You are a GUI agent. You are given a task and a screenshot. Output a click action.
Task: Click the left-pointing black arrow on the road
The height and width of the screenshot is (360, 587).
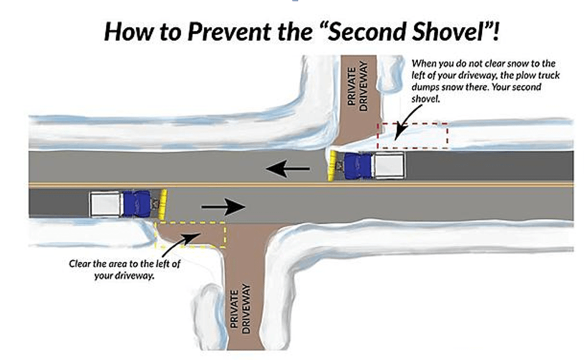coord(288,169)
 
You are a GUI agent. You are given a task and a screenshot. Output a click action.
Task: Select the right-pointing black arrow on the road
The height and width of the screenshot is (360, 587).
coord(223,207)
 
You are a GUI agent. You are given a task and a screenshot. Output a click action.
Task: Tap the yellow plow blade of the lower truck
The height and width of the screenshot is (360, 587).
coord(164,203)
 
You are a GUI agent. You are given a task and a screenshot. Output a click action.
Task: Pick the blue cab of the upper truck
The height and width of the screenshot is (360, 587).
coord(360,166)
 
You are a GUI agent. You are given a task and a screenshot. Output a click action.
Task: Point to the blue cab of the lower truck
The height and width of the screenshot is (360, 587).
coord(136,203)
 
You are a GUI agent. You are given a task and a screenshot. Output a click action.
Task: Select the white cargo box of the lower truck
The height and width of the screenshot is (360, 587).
coord(106,204)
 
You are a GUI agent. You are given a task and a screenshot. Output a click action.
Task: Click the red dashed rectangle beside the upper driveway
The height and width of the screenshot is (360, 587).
coord(412,135)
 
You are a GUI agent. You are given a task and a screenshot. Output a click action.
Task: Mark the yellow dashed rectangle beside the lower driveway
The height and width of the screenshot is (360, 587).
coord(190,234)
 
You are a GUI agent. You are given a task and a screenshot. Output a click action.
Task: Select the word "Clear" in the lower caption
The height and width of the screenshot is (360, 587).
coord(80,264)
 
